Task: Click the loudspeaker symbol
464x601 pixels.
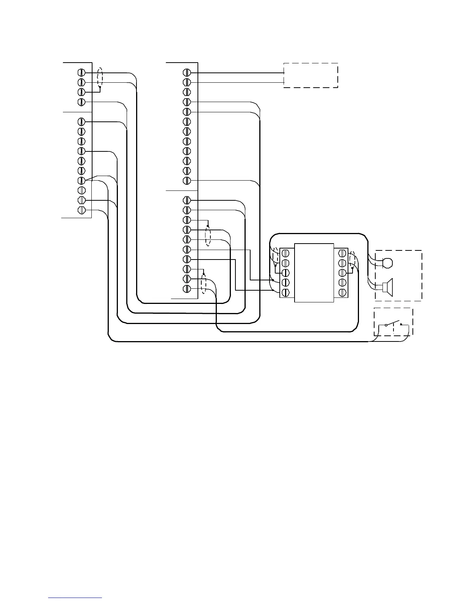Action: [x=388, y=286]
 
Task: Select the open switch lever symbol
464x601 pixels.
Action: [x=393, y=324]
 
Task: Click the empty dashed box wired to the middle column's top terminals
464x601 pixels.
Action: [x=310, y=75]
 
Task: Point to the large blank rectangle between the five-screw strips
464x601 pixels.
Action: [x=314, y=273]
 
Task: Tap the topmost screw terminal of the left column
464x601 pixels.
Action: [x=81, y=72]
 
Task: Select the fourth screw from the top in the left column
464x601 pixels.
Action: [x=81, y=102]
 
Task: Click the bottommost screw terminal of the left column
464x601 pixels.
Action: [x=81, y=210]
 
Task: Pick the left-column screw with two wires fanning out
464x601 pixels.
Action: [x=81, y=181]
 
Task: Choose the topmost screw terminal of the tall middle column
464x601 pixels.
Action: [x=186, y=72]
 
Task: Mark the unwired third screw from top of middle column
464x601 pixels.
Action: [x=186, y=92]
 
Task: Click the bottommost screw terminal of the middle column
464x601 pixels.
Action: [x=186, y=289]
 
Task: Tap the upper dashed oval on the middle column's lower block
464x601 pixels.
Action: [x=208, y=235]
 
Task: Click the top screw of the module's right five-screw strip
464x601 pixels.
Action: [x=342, y=253]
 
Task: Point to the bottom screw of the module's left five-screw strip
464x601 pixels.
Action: [x=286, y=293]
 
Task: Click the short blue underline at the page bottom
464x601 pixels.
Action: [x=75, y=598]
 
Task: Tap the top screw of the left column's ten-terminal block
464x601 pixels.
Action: [x=81, y=122]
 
